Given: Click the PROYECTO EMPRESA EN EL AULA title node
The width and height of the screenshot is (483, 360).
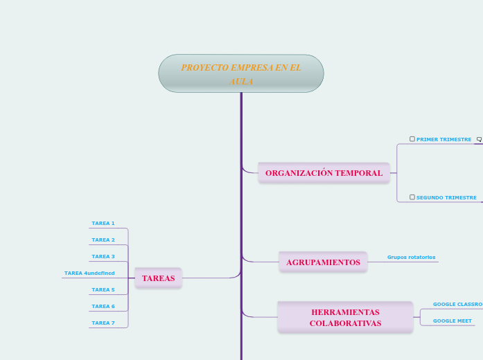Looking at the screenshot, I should [241, 73].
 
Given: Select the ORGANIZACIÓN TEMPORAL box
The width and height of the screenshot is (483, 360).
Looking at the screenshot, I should [324, 172].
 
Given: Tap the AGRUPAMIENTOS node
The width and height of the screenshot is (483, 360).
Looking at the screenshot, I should [323, 262].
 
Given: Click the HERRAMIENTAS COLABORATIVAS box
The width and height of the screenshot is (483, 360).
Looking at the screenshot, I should [345, 318].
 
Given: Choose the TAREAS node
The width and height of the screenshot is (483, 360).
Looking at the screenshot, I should [158, 278].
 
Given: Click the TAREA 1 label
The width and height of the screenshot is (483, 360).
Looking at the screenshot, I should [103, 224].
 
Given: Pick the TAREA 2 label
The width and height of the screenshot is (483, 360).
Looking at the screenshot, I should [103, 240].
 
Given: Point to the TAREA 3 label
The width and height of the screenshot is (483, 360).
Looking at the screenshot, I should [103, 257].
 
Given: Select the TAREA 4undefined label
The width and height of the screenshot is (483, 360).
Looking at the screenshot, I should [89, 273].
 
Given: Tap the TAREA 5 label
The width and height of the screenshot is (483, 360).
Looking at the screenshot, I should [103, 290].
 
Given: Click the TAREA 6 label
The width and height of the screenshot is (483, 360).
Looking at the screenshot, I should [103, 307].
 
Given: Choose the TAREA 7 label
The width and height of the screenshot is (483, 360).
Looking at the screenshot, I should [103, 323].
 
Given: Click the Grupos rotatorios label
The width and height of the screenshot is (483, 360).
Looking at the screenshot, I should [411, 258].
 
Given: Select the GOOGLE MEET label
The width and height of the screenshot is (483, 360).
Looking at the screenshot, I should [452, 321].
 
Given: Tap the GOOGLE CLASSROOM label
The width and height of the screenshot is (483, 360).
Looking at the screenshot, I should [457, 305].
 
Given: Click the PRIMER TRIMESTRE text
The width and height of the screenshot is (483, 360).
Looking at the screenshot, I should [444, 140].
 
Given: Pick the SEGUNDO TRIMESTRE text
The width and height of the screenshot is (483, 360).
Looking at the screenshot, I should [446, 198].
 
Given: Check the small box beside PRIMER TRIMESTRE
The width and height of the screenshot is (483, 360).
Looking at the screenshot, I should [412, 139].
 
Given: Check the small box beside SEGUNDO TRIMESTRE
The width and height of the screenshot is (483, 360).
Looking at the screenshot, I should [412, 197].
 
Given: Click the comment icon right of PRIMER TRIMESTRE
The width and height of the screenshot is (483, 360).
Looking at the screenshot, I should [479, 140].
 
